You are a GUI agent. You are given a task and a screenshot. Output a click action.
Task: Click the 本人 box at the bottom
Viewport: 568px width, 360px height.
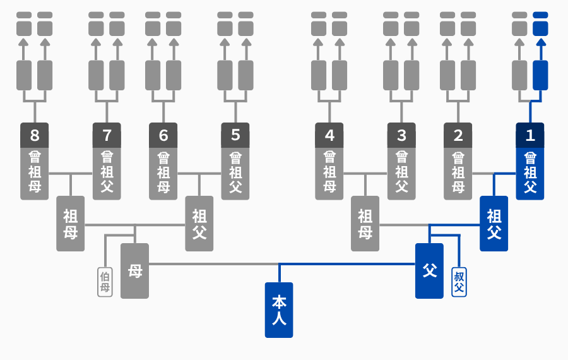279,310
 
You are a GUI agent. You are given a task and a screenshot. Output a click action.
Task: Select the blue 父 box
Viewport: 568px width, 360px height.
429,271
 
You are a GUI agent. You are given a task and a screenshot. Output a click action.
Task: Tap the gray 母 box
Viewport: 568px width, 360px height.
135,271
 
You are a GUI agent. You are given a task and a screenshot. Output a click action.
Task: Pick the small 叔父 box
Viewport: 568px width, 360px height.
459,282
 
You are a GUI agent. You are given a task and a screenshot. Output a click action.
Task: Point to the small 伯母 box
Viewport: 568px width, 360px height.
105,282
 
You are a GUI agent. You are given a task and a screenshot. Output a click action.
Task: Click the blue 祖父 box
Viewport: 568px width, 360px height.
494,224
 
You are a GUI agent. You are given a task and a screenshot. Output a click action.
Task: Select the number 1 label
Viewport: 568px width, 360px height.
530,135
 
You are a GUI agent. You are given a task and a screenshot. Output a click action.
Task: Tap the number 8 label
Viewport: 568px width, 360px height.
35,135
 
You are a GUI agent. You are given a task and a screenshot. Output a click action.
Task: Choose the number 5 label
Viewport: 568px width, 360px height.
235,135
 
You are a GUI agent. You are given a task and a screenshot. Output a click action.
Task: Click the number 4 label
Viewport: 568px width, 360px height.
329,135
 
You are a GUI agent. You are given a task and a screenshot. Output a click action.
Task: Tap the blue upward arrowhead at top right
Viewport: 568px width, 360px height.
541,42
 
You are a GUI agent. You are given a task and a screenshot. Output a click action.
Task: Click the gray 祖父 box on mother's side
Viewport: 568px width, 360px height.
199,224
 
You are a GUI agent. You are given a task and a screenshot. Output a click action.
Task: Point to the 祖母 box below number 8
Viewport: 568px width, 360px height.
70,224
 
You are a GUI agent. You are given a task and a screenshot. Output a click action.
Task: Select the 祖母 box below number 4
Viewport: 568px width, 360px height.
365,224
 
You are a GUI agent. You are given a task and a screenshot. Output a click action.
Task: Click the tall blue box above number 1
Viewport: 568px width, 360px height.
540,75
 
